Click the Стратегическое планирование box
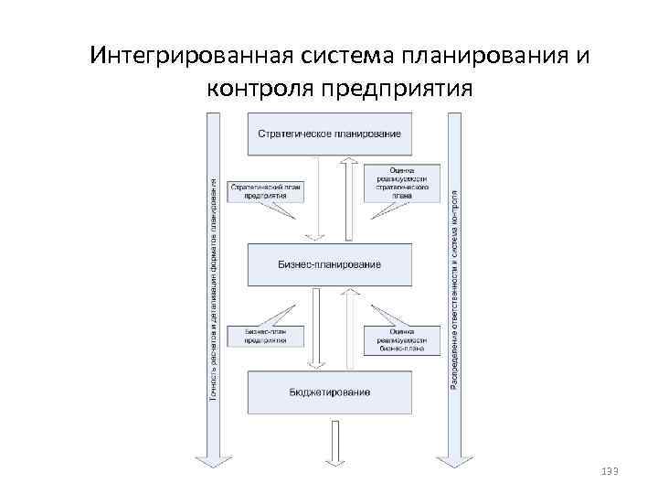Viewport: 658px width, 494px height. point(330,134)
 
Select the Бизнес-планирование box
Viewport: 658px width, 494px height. point(330,263)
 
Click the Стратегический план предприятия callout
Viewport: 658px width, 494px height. point(265,190)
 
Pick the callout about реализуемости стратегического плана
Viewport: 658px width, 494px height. point(401,181)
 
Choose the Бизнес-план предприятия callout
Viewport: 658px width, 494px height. point(266,336)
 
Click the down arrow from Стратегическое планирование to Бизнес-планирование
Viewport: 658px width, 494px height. point(314,198)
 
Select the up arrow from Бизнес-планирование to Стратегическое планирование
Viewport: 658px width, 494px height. point(347,198)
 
